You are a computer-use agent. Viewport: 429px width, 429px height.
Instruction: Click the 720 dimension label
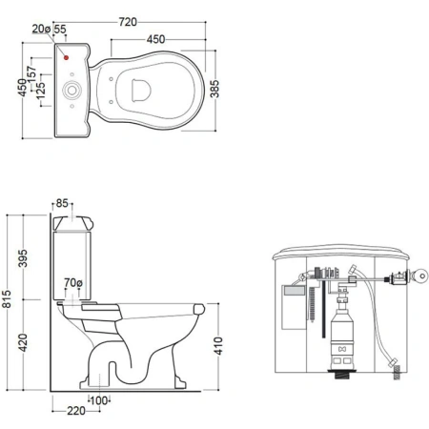pos(128,22)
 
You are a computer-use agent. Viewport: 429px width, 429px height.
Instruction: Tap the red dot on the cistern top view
pos(66,57)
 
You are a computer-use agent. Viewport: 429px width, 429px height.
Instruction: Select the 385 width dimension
pos(214,89)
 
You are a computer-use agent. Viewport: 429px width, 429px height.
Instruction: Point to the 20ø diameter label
pos(41,29)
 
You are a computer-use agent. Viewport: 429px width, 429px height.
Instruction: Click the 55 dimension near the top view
pos(60,29)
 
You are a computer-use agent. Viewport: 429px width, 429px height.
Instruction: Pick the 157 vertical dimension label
pos(31,74)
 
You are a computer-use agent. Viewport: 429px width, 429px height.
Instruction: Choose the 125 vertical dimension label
pos(40,91)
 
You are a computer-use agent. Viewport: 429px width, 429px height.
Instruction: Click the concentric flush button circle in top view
pos(71,91)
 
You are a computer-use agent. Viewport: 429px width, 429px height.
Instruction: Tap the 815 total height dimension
pos(7,298)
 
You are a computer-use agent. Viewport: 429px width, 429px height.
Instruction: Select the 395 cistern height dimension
pos(23,258)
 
